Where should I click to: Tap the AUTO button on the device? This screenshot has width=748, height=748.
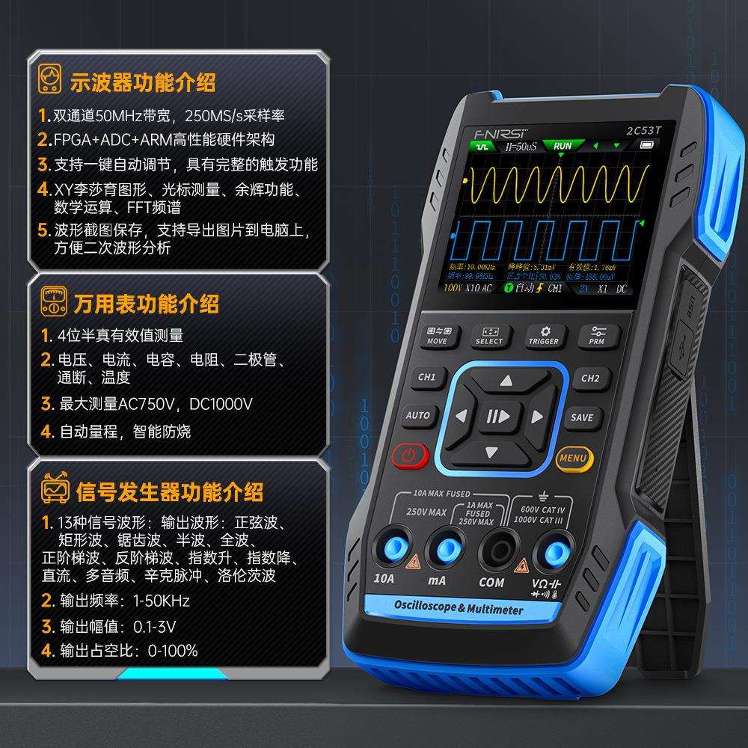pyautogui.click(x=417, y=416)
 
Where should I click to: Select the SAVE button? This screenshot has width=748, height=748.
pyautogui.click(x=581, y=417)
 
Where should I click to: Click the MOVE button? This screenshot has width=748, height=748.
pyautogui.click(x=437, y=335)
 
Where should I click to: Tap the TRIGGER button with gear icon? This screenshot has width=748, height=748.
pyautogui.click(x=544, y=335)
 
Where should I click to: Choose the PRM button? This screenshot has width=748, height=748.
pyautogui.click(x=596, y=334)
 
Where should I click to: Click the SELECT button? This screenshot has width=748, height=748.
pyautogui.click(x=489, y=335)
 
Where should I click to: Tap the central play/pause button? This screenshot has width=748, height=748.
pyautogui.click(x=497, y=416)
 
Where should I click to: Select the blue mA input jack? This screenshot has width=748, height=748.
pyautogui.click(x=445, y=551)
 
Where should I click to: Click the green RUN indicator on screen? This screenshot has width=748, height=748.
pyautogui.click(x=562, y=146)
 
